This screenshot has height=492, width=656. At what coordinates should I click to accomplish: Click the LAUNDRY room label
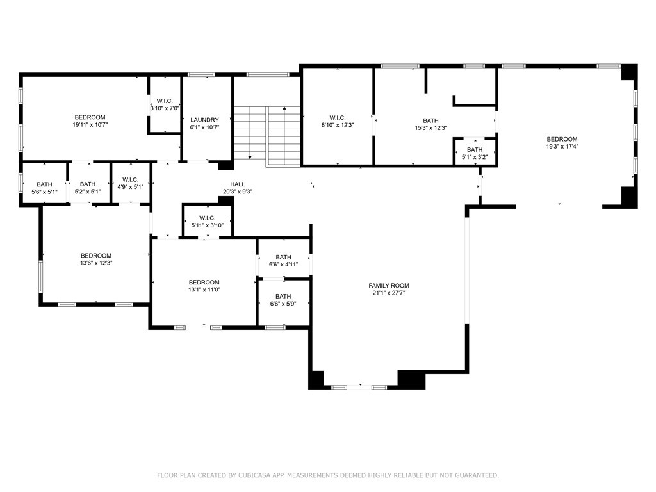point(204,120)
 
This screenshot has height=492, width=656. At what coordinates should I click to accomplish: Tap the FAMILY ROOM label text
point(388,286)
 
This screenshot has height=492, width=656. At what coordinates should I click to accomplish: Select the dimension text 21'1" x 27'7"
point(388,293)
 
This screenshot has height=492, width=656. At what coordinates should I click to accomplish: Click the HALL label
point(238,184)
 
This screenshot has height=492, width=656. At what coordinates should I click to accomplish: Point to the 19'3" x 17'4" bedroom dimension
point(561,147)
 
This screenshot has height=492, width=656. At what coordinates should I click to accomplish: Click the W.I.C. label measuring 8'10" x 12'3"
point(338,118)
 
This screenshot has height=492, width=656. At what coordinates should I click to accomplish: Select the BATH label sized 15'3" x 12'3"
point(430,120)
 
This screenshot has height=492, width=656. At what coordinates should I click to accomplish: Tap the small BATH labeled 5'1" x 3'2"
point(474,150)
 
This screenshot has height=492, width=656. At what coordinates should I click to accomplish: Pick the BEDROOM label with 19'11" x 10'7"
point(90,117)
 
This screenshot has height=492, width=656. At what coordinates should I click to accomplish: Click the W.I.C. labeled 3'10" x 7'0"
point(165,101)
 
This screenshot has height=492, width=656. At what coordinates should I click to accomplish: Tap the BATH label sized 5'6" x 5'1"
point(44,184)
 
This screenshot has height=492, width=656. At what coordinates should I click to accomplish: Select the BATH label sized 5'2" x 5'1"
point(87,184)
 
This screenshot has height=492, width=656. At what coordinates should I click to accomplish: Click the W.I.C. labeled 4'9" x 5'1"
point(130,180)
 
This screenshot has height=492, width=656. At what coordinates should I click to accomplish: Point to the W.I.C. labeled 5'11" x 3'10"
point(207,218)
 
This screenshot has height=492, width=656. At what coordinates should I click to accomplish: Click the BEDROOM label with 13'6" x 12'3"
point(96,256)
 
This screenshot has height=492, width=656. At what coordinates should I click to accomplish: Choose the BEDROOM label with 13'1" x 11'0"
point(204,283)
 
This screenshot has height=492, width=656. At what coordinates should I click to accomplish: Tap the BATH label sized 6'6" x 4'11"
point(283,257)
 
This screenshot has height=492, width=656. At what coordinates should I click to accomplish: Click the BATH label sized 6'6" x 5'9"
point(283,296)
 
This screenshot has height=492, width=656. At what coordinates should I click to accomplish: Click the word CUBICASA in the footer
point(256,475)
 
